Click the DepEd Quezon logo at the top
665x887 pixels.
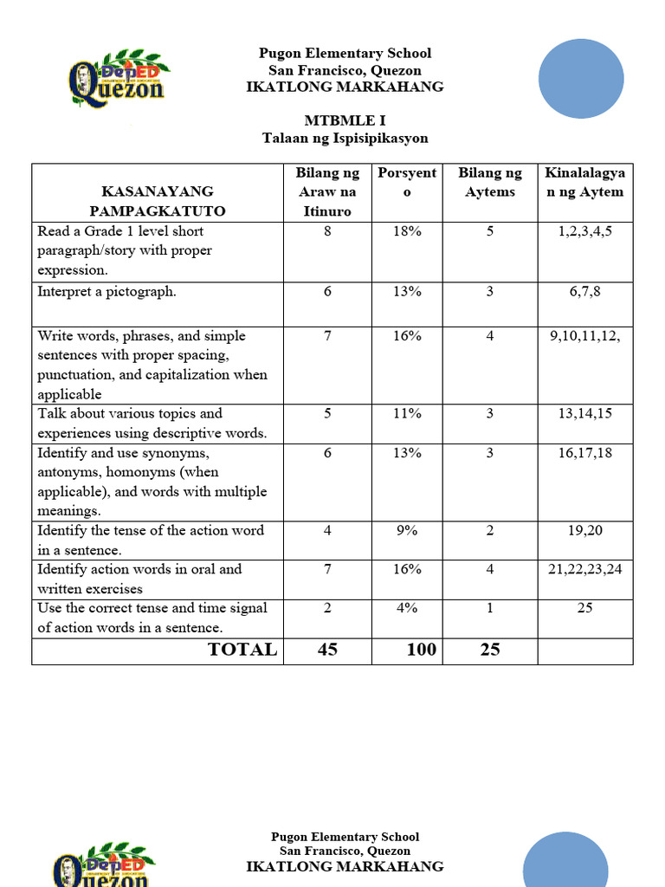coord(119,78)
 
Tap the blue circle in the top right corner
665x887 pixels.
coord(581,79)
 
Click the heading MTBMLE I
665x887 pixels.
coord(345,120)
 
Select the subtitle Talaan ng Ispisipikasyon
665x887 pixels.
coord(345,138)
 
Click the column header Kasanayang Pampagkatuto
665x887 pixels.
coord(158,201)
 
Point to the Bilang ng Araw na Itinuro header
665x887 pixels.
coord(327,192)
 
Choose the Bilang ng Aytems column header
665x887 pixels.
coord(489,183)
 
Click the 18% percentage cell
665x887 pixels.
coord(407,231)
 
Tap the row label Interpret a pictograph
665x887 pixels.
coord(107,292)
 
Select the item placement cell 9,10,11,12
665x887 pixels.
coord(584,336)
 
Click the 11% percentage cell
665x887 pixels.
coord(407,413)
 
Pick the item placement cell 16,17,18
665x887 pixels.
coord(584,453)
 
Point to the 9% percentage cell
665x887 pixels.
coord(407,530)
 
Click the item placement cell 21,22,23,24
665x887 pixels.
coord(584,569)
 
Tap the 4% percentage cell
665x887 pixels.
coord(407,608)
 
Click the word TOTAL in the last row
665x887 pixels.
coord(242,650)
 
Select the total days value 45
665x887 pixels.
coord(327,650)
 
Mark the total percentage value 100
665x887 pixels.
coord(421,650)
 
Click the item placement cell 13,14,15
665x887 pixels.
coord(584,413)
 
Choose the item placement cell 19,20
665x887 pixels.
coord(584,530)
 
